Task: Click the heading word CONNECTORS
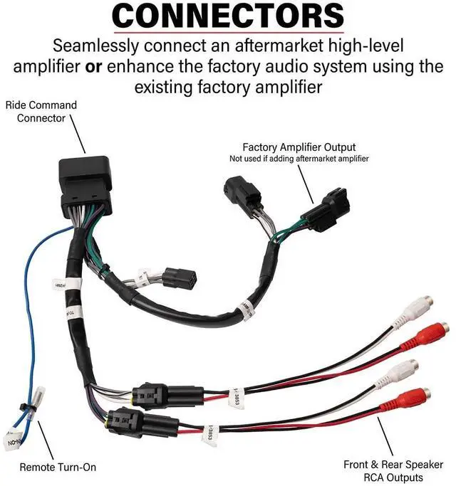point(228,16)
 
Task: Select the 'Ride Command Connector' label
point(41,111)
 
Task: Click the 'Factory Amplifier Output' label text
point(299,147)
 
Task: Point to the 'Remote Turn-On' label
point(58,467)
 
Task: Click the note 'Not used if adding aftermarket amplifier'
point(299,158)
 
